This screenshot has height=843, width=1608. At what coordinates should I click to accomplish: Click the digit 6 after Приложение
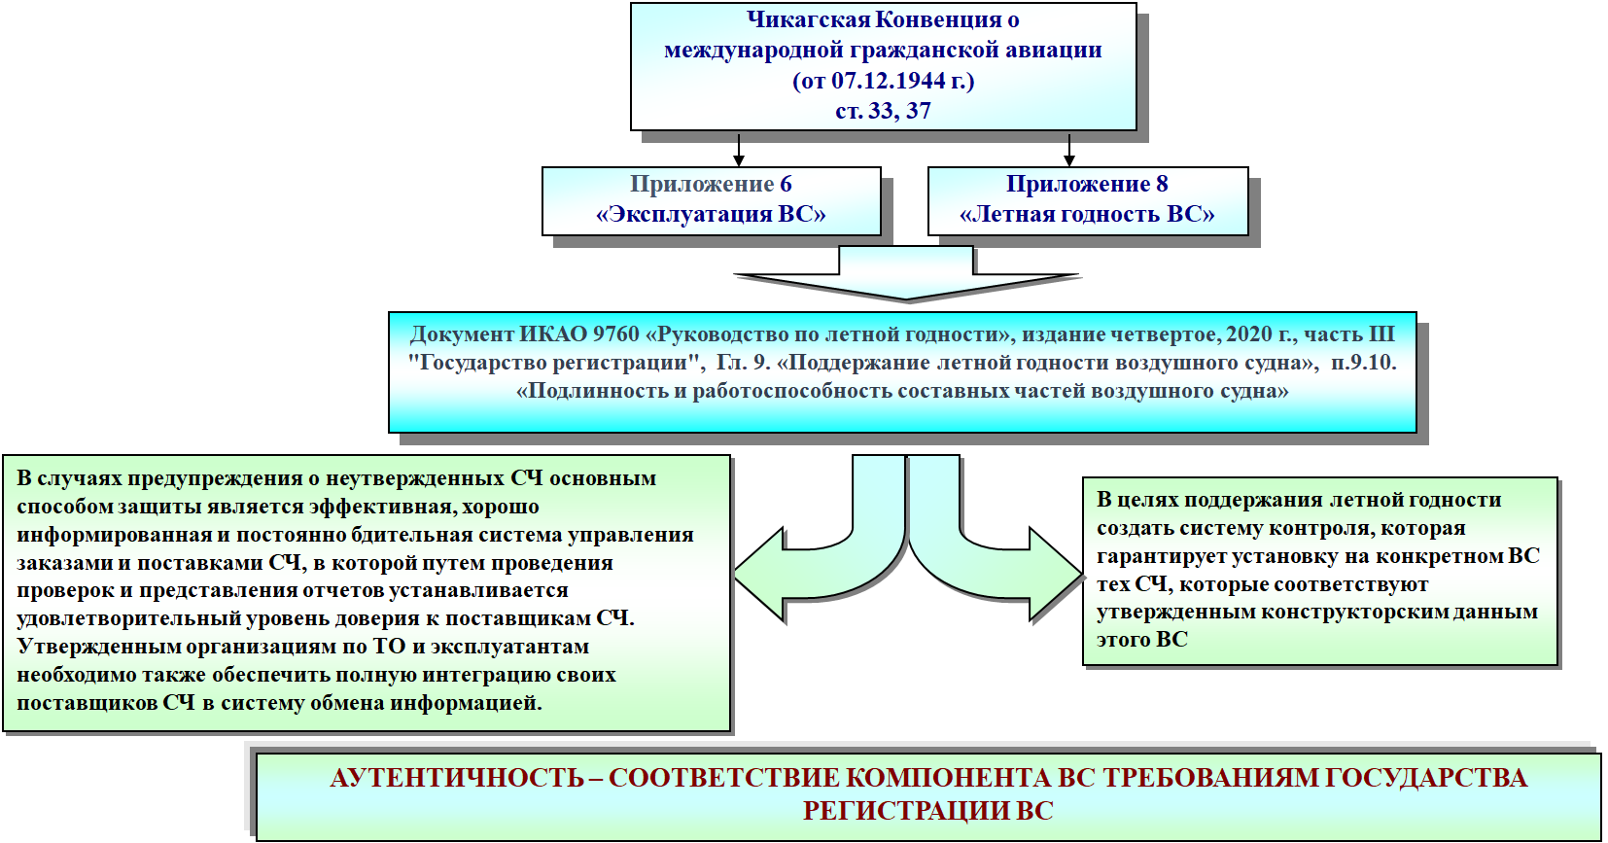click(787, 185)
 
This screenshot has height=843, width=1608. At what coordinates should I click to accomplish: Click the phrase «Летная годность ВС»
click(1087, 215)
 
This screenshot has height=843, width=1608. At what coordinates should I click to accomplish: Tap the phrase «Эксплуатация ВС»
click(711, 215)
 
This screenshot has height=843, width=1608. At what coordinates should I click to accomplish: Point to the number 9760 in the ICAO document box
click(616, 334)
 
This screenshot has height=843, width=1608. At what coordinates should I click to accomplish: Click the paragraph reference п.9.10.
click(1363, 363)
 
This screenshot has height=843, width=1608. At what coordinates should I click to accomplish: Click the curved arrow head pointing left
click(758, 575)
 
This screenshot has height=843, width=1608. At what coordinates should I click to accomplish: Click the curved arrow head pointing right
click(1056, 575)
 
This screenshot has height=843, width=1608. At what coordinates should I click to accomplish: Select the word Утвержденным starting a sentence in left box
click(97, 647)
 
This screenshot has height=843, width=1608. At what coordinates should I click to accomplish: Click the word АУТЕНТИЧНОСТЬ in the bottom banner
click(457, 779)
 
